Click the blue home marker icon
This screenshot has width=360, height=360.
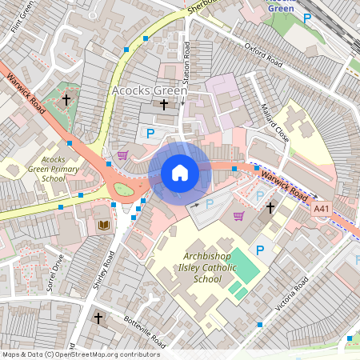pos(180,173)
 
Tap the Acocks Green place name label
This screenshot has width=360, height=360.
pos(149,90)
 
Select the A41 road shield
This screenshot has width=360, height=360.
pos(321,209)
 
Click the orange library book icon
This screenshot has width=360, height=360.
pos(103,226)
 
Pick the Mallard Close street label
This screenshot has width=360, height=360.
pos(275,122)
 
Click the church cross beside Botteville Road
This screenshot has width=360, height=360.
pos(98,318)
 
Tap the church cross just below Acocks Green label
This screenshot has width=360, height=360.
pos(164,104)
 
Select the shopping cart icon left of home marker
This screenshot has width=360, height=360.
pos(122,155)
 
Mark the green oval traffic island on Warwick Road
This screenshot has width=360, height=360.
pos(122,190)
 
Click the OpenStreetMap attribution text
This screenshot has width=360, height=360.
pos(80,354)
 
